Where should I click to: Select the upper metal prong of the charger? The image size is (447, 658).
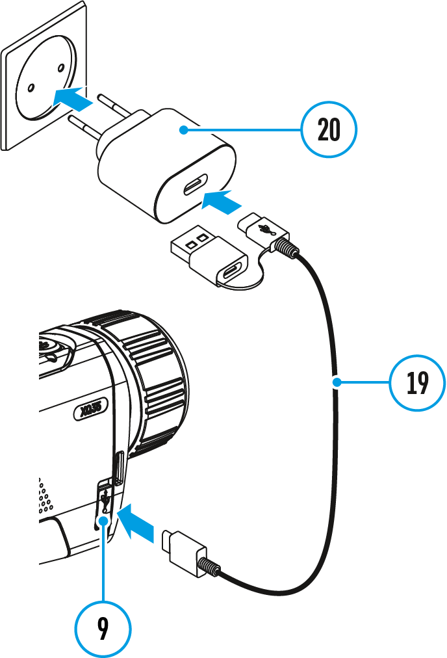pos(114,103)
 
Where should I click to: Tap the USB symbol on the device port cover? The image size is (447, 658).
pos(105,501)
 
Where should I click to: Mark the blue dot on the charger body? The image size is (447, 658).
pos(185,130)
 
